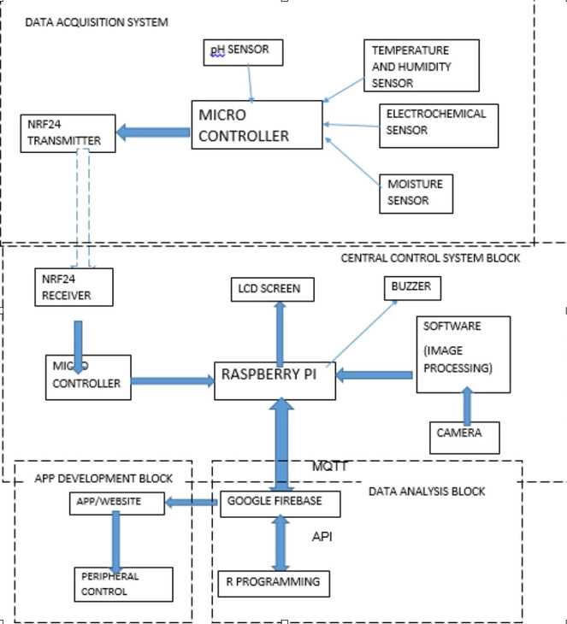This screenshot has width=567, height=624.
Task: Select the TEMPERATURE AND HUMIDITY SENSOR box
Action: [x=420, y=66]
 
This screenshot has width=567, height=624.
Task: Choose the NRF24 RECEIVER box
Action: [x=74, y=288]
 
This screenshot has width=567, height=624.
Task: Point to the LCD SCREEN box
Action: [x=271, y=289]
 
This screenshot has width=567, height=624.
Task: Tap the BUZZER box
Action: [x=412, y=288]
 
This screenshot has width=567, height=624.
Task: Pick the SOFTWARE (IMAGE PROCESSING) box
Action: [x=463, y=354]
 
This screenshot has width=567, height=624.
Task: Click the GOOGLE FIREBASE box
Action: [x=280, y=503]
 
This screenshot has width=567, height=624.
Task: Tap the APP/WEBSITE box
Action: [x=116, y=503]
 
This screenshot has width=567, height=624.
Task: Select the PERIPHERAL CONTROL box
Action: [x=116, y=583]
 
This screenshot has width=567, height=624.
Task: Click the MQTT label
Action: [x=330, y=467]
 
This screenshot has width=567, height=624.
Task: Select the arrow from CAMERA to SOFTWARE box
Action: [x=467, y=405]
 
